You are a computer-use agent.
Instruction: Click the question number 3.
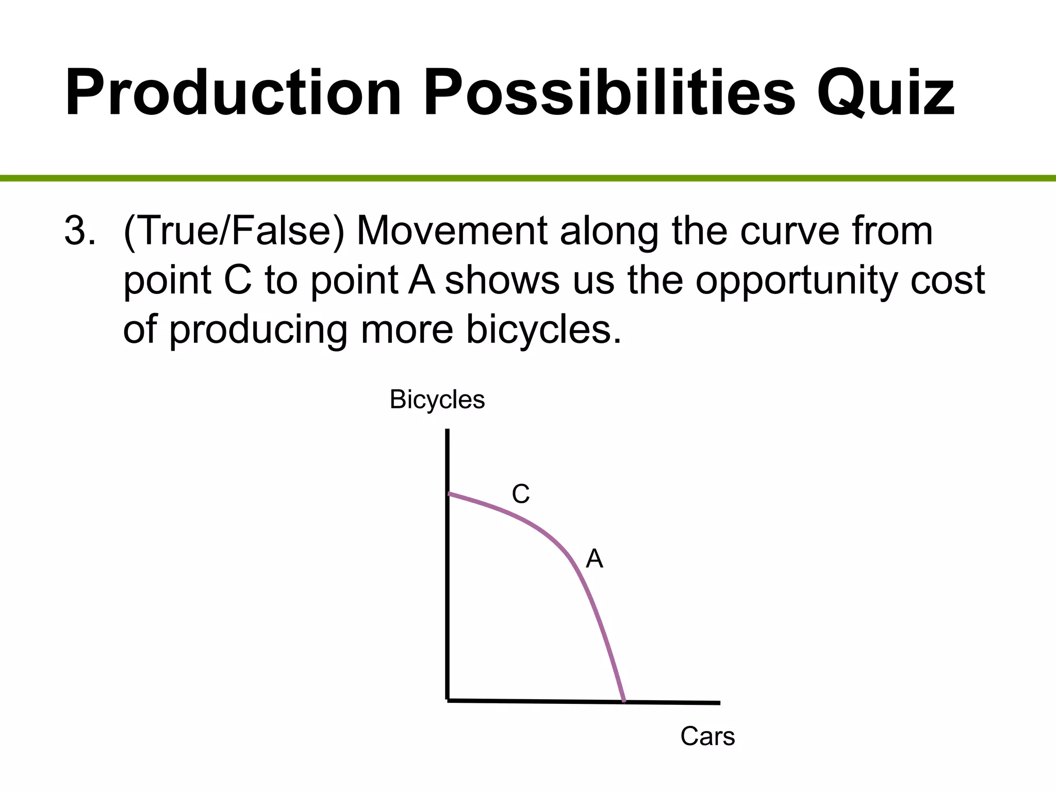pos(80,230)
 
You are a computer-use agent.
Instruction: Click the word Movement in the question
pos(452,230)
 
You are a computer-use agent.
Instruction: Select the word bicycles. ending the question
pos(543,329)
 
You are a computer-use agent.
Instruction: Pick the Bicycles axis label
pos(437,400)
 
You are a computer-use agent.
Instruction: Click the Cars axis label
pos(707,736)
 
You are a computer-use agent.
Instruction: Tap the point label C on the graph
pos(520,494)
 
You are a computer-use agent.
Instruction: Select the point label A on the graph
pos(595,559)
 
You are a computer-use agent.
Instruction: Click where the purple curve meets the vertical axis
pos(448,493)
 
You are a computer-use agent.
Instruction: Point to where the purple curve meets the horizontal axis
pos(624,701)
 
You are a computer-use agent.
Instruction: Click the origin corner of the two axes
pos(448,700)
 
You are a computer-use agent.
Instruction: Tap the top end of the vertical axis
pos(447,431)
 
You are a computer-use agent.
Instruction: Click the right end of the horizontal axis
pos(718,702)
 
